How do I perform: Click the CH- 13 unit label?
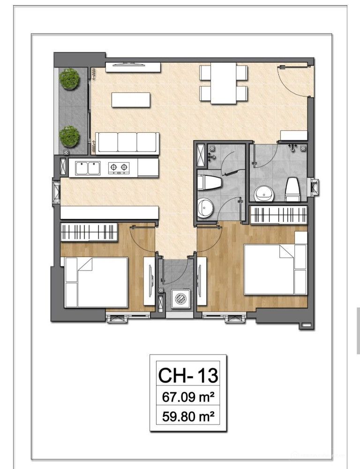coord(188,375)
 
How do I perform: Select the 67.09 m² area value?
coord(188,397)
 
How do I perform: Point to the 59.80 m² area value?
coord(188,416)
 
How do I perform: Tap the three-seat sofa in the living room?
coord(127,143)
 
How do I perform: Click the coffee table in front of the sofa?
coord(131,99)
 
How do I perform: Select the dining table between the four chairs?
coord(223,83)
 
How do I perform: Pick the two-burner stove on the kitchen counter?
coord(119,168)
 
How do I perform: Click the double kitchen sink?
coord(88,168)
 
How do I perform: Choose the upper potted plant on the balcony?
coord(69,78)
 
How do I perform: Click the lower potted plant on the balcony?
coord(69,136)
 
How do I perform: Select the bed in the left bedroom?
coord(97,282)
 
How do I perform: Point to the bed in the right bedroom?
coord(276,270)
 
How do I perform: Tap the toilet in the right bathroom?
coord(292,189)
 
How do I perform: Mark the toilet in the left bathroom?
coord(210,182)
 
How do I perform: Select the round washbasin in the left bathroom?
coord(206,207)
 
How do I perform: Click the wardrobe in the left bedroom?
coord(89,232)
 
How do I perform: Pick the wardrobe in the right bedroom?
coord(278,214)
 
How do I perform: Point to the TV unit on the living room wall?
coord(133,67)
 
